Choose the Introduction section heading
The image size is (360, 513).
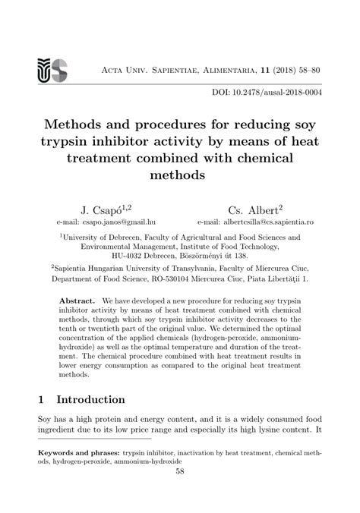[92, 399]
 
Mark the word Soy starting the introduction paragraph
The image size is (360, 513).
[47, 418]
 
